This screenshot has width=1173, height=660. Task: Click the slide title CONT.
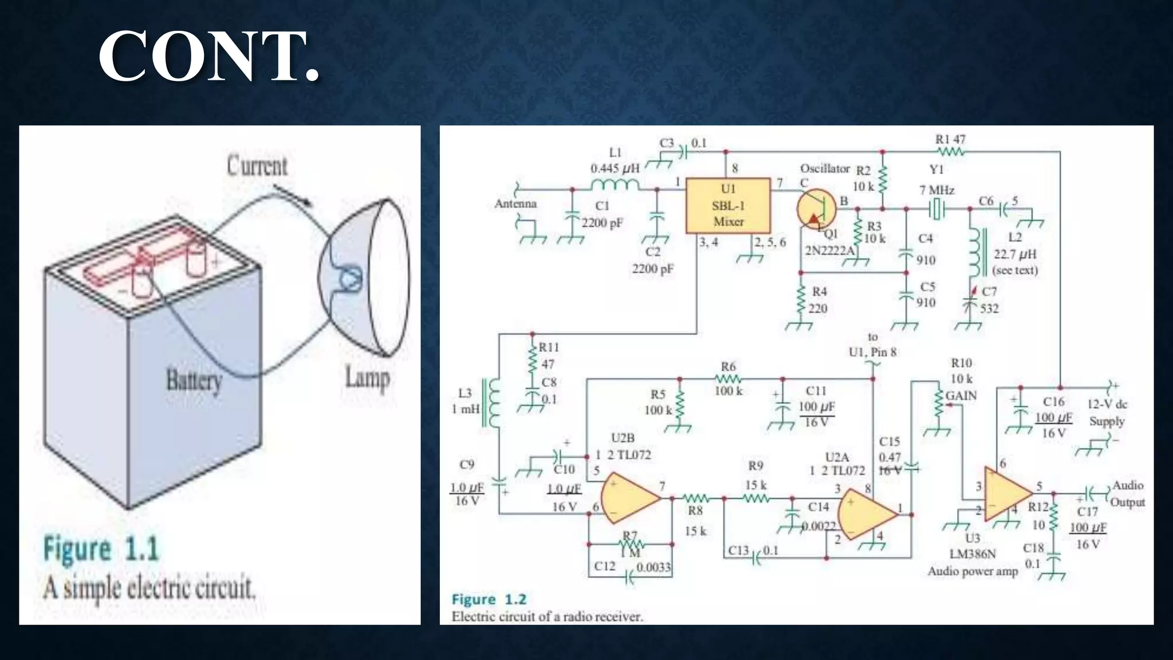pyautogui.click(x=208, y=56)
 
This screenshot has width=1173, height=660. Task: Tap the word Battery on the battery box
pyautogui.click(x=194, y=380)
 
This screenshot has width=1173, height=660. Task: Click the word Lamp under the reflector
pyautogui.click(x=367, y=378)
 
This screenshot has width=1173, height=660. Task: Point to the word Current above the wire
pyautogui.click(x=257, y=166)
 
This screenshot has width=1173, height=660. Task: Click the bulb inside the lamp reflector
pyautogui.click(x=349, y=279)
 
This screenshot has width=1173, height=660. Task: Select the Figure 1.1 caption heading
pyautogui.click(x=101, y=548)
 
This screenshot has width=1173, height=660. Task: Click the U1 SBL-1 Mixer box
pyautogui.click(x=727, y=206)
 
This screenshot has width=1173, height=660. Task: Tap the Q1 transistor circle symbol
pyautogui.click(x=816, y=209)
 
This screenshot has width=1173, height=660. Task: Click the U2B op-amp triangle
pyautogui.click(x=629, y=498)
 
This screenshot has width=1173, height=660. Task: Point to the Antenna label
pyautogui.click(x=515, y=204)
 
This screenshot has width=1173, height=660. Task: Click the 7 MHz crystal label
pyautogui.click(x=936, y=190)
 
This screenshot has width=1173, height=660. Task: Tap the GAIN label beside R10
pyautogui.click(x=961, y=396)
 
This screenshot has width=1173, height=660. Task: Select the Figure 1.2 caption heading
pyautogui.click(x=489, y=599)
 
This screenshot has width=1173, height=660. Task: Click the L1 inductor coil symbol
pyautogui.click(x=615, y=184)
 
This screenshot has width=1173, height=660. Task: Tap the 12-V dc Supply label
pyautogui.click(x=1107, y=412)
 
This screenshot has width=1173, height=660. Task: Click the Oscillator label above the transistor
pyautogui.click(x=824, y=168)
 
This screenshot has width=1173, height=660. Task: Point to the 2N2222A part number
pyautogui.click(x=829, y=250)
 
